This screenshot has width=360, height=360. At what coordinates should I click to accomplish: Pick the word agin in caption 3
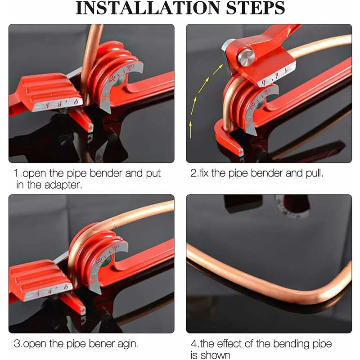[x=128, y=344]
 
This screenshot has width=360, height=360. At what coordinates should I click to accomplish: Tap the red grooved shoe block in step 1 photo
[x=45, y=92]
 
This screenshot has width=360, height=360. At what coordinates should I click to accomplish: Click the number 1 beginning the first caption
[x=16, y=173]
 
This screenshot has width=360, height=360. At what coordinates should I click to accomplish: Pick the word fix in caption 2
[x=208, y=173]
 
